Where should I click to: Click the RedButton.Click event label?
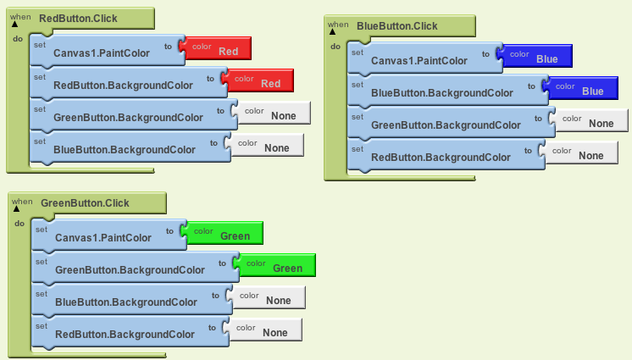78,19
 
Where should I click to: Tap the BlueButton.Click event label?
397,26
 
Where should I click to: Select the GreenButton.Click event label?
85,203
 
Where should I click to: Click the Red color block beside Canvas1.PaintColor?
215,48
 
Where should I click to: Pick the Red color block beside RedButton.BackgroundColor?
258,80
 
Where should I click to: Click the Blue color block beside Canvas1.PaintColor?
535,56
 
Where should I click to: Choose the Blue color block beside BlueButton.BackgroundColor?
580,88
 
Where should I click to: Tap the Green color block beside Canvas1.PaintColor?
222,233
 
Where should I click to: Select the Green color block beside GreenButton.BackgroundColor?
274,265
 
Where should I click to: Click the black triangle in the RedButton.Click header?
15,25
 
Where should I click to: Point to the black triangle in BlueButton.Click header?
333,32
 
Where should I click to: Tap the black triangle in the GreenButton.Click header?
17,209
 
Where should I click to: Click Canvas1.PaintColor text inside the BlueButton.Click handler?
419,61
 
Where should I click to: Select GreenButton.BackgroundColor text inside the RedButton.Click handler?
128,118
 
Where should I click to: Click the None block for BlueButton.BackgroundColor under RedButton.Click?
264,145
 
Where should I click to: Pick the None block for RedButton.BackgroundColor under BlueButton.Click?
579,152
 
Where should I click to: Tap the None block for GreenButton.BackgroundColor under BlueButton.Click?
589,120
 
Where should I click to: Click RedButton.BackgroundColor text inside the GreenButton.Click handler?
125,335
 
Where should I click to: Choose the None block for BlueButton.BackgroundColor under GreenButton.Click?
266,297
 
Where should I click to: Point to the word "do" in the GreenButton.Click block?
19,224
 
